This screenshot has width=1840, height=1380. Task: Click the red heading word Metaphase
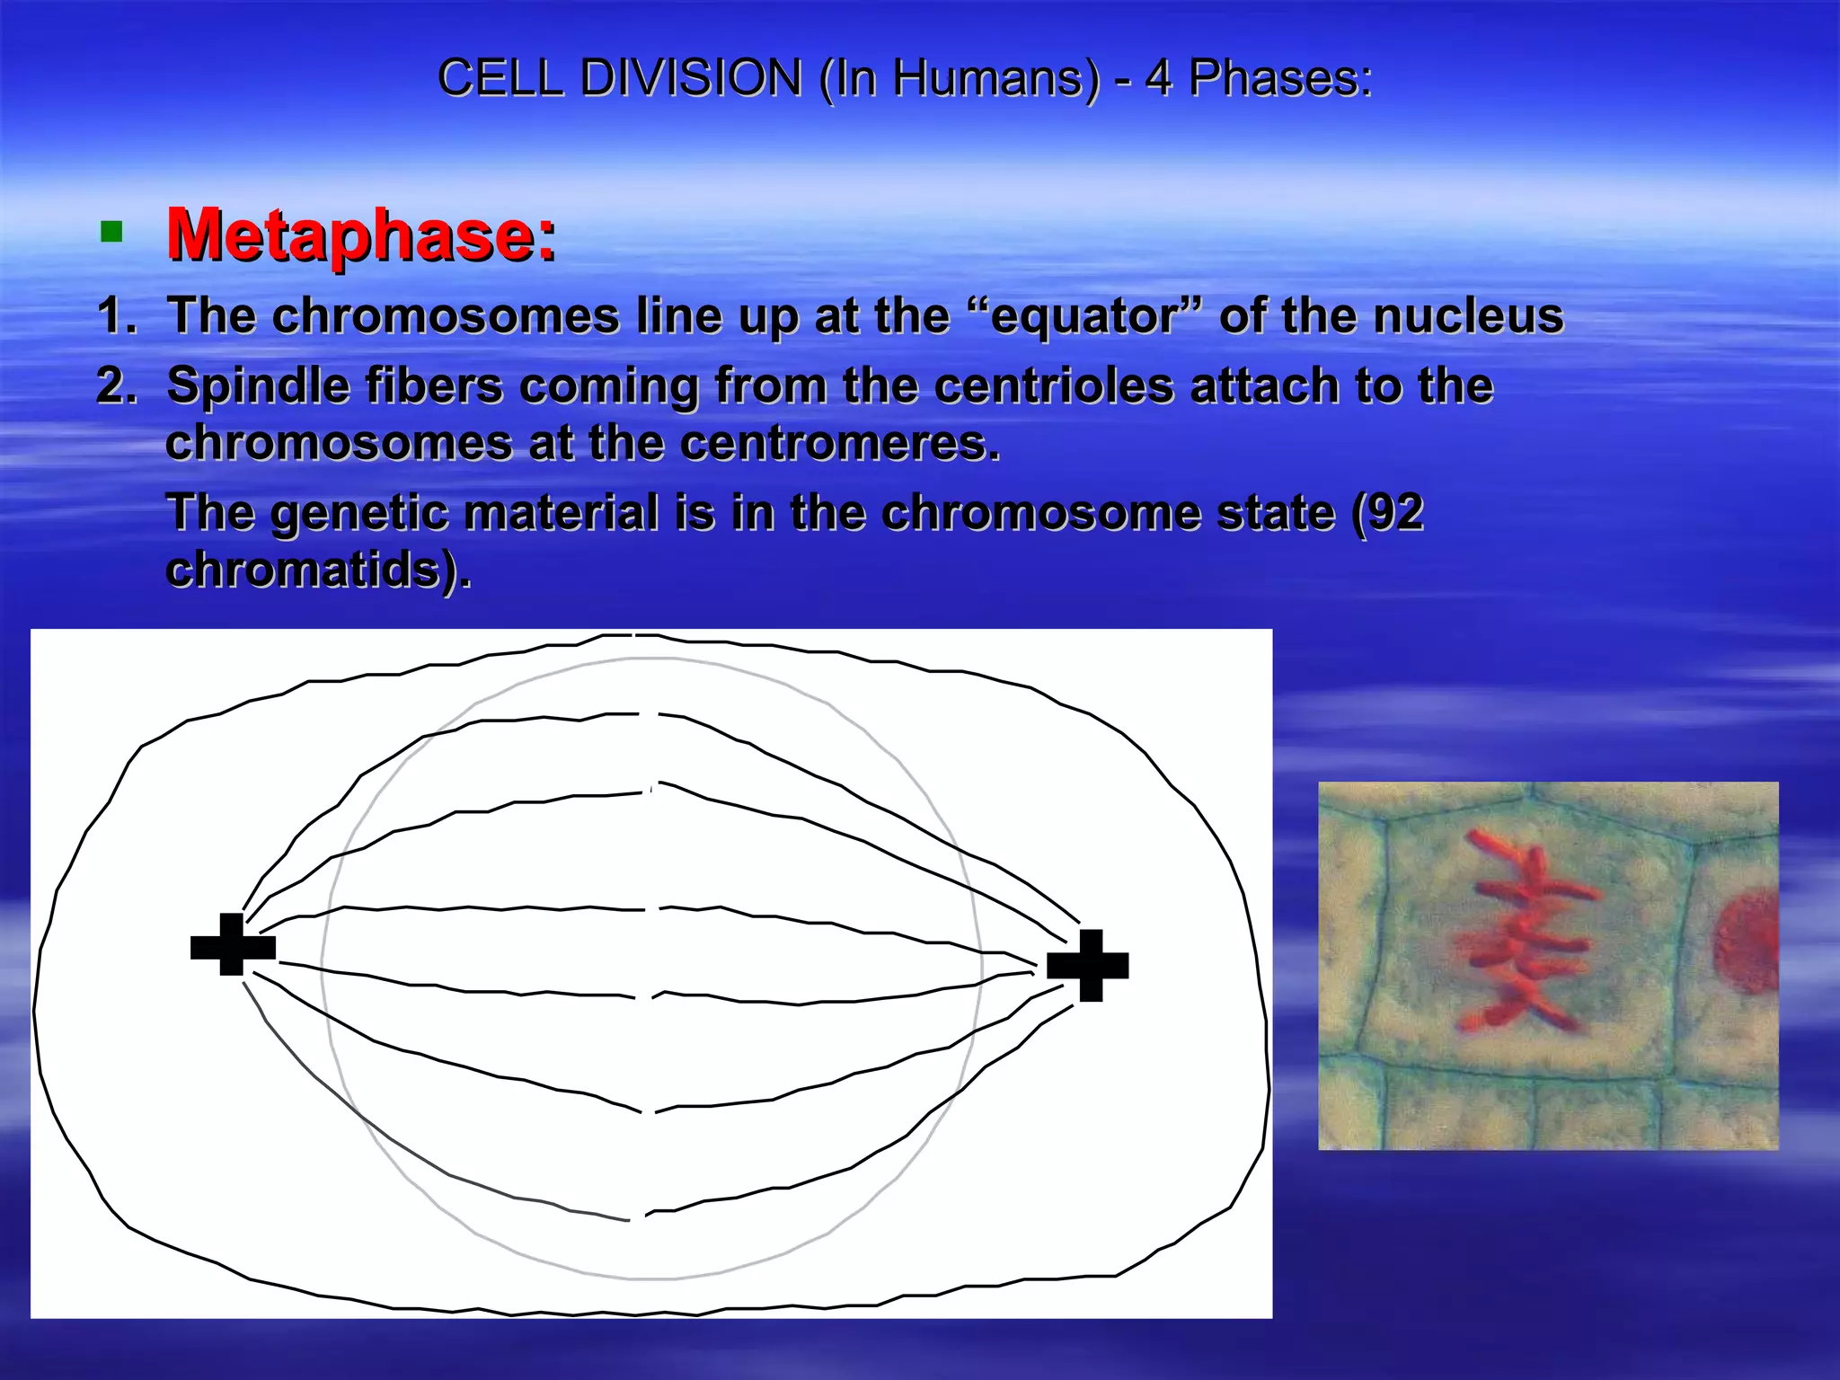point(361,235)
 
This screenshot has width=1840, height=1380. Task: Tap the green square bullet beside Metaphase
point(111,234)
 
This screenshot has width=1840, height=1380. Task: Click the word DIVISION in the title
point(690,78)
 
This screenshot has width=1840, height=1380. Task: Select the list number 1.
point(115,316)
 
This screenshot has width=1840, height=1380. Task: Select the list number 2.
point(115,386)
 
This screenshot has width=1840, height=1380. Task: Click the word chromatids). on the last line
point(318,571)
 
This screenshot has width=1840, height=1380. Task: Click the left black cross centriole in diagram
point(233,945)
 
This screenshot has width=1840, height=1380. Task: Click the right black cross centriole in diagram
point(1088,966)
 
